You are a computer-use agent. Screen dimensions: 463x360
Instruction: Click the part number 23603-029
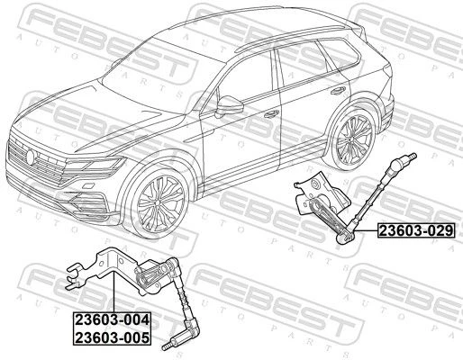point(416,230)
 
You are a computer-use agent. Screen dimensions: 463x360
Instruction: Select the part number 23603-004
point(112,319)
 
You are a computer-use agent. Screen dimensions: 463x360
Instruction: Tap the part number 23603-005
point(112,337)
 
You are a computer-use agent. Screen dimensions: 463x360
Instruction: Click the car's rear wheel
point(353,140)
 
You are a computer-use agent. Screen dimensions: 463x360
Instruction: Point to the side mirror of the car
point(229,106)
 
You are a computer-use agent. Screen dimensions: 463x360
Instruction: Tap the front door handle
point(272,113)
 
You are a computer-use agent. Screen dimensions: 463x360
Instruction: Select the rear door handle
point(339,91)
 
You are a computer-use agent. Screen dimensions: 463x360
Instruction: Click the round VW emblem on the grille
point(31,157)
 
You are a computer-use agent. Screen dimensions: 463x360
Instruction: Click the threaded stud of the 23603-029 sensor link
point(412,157)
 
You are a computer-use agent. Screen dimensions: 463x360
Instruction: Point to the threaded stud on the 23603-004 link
point(168,346)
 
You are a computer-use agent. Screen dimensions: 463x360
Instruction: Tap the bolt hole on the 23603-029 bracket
point(315,184)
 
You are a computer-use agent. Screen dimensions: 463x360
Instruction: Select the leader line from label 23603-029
point(366,230)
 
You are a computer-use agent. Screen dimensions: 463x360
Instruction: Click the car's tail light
point(388,72)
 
